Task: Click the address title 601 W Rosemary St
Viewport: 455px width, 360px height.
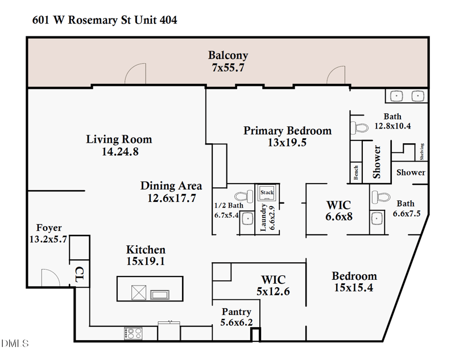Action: point(104,20)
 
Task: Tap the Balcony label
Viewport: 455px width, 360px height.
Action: point(227,56)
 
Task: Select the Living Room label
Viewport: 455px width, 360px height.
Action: point(119,139)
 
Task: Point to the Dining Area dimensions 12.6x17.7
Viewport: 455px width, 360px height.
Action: point(171,198)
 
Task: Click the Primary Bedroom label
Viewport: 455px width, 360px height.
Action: point(287,131)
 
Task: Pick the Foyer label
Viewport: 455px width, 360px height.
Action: point(48,228)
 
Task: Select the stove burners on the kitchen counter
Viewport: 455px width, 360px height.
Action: point(133,333)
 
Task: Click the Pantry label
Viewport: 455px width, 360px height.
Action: point(236,312)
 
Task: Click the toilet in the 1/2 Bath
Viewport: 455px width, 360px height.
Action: point(246,194)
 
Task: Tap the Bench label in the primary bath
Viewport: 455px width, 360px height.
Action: point(356,172)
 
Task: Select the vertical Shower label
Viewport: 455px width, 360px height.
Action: point(377,162)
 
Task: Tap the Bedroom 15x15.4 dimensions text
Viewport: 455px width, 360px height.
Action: point(354,288)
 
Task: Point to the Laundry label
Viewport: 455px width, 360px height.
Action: point(263,218)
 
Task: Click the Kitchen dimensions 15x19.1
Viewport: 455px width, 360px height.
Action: point(146,262)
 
